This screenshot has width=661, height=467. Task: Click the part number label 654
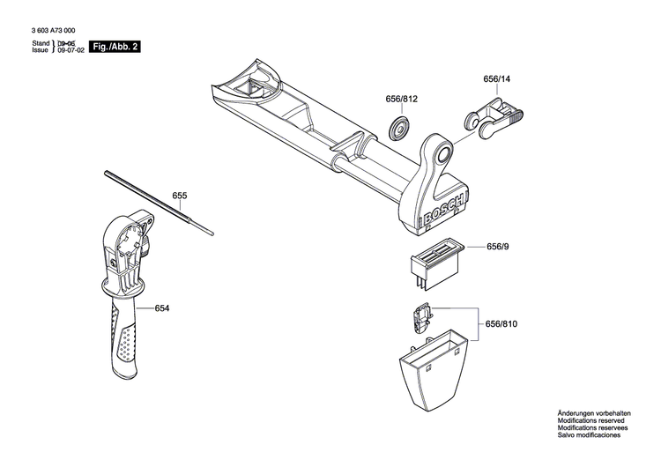point(161,308)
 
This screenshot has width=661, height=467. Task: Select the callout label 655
point(180,195)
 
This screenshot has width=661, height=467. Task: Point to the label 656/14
point(496,79)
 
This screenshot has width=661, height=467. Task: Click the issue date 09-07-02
point(71,51)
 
